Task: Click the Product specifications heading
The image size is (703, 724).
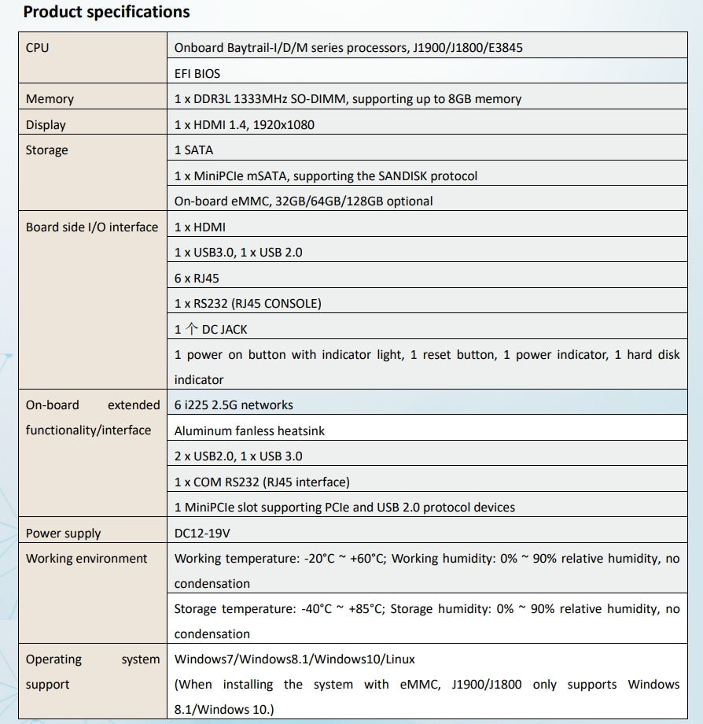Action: click(x=106, y=12)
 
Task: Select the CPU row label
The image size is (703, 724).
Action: click(x=37, y=47)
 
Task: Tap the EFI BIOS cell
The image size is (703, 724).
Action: click(x=197, y=73)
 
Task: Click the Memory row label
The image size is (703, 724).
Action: click(x=50, y=99)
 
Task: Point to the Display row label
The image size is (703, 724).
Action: click(x=46, y=124)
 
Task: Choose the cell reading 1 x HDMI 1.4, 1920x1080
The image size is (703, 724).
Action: click(x=245, y=124)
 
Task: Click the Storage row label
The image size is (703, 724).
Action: click(x=47, y=150)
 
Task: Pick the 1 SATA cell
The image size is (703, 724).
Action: click(x=193, y=150)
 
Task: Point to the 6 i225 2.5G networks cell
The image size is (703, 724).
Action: click(x=234, y=404)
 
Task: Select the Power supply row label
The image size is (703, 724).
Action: click(x=63, y=533)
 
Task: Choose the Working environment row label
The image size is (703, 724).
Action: click(x=86, y=558)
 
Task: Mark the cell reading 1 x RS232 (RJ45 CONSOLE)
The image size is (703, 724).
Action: click(x=248, y=303)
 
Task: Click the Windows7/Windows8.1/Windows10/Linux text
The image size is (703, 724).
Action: click(x=294, y=659)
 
